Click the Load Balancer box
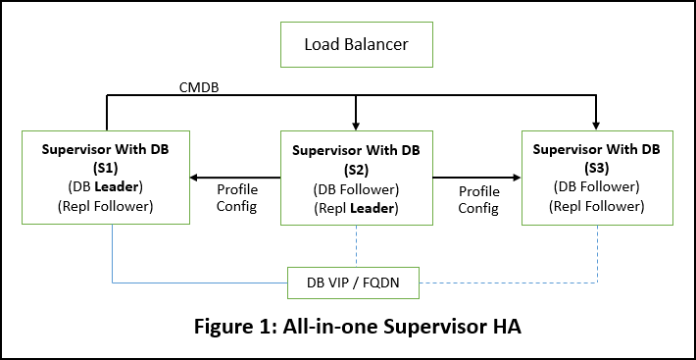click(355, 44)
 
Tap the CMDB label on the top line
click(198, 88)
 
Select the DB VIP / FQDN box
click(356, 283)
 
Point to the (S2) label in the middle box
click(356, 170)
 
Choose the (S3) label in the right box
click(597, 168)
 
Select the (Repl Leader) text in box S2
click(356, 208)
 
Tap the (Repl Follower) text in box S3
click(597, 206)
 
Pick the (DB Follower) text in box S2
click(356, 189)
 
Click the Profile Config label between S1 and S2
click(236, 199)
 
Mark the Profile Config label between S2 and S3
click(478, 199)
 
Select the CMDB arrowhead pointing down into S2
click(356, 125)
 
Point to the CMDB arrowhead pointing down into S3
click(597, 125)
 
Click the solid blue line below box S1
click(113, 255)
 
